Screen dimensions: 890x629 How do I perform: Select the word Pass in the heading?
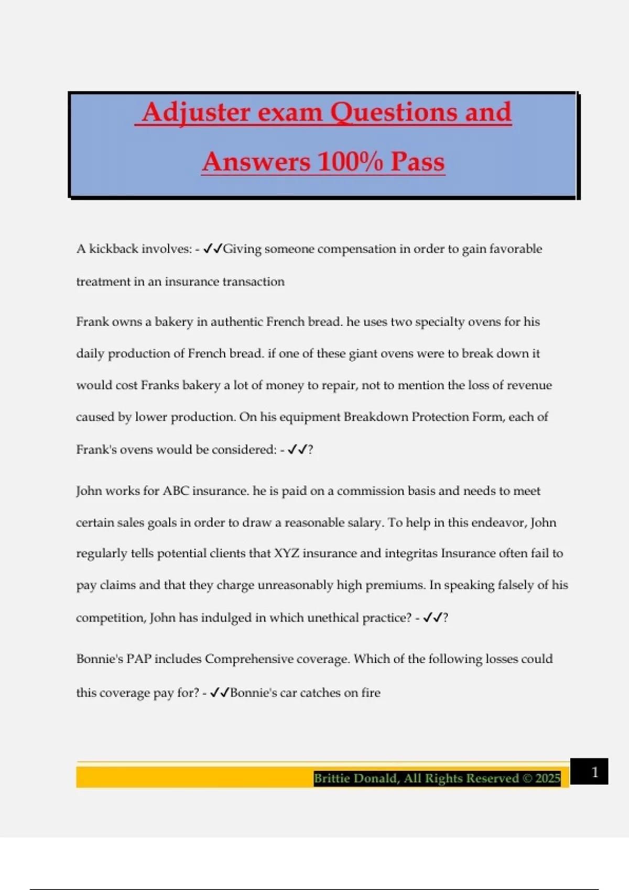pos(418,161)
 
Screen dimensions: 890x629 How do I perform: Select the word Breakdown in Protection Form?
pos(375,417)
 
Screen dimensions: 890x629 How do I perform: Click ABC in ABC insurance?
pos(176,491)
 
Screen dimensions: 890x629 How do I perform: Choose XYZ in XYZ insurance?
pos(286,553)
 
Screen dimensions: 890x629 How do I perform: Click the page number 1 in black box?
pos(594,772)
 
